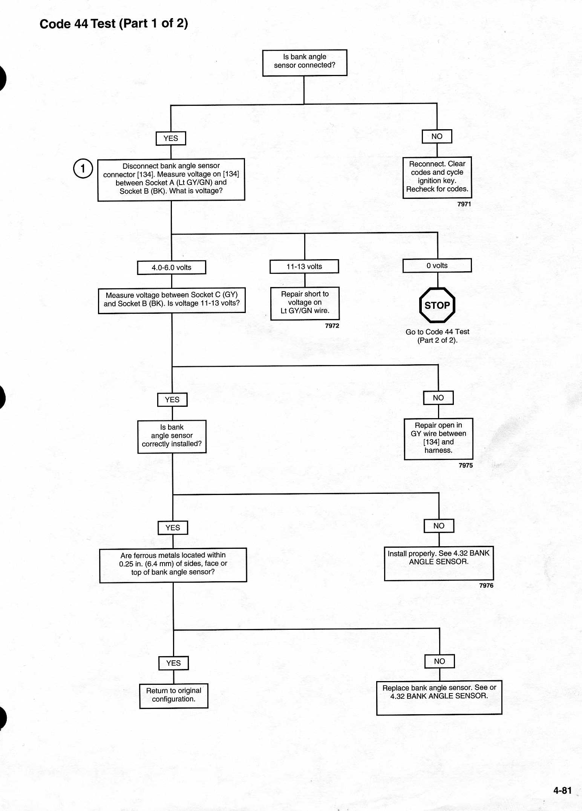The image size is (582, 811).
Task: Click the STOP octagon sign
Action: click(x=437, y=305)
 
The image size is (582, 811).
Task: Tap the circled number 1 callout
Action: click(x=83, y=168)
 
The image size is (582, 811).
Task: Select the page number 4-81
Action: click(x=562, y=790)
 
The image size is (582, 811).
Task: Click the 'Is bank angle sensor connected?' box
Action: click(x=305, y=63)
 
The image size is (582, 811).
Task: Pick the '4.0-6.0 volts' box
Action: click(x=172, y=267)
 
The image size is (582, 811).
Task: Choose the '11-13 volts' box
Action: click(x=304, y=266)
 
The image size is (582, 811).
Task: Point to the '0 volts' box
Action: click(x=437, y=265)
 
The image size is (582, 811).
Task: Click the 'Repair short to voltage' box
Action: click(x=305, y=303)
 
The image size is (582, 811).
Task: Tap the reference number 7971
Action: click(x=464, y=204)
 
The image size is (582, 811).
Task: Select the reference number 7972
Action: click(x=332, y=325)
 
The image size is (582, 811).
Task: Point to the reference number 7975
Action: click(x=466, y=465)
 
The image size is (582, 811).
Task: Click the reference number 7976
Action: click(x=486, y=585)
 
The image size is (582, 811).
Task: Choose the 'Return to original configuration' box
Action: click(x=174, y=696)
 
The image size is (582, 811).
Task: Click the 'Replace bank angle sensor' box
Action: click(x=439, y=697)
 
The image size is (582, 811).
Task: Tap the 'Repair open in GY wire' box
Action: click(x=438, y=439)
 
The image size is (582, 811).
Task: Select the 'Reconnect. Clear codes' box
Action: click(x=437, y=177)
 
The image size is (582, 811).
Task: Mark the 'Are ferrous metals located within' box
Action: click(x=173, y=565)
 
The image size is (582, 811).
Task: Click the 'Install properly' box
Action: click(x=439, y=563)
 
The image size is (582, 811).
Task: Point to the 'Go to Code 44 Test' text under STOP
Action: click(x=437, y=336)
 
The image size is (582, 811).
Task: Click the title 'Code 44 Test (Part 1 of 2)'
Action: click(x=114, y=24)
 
